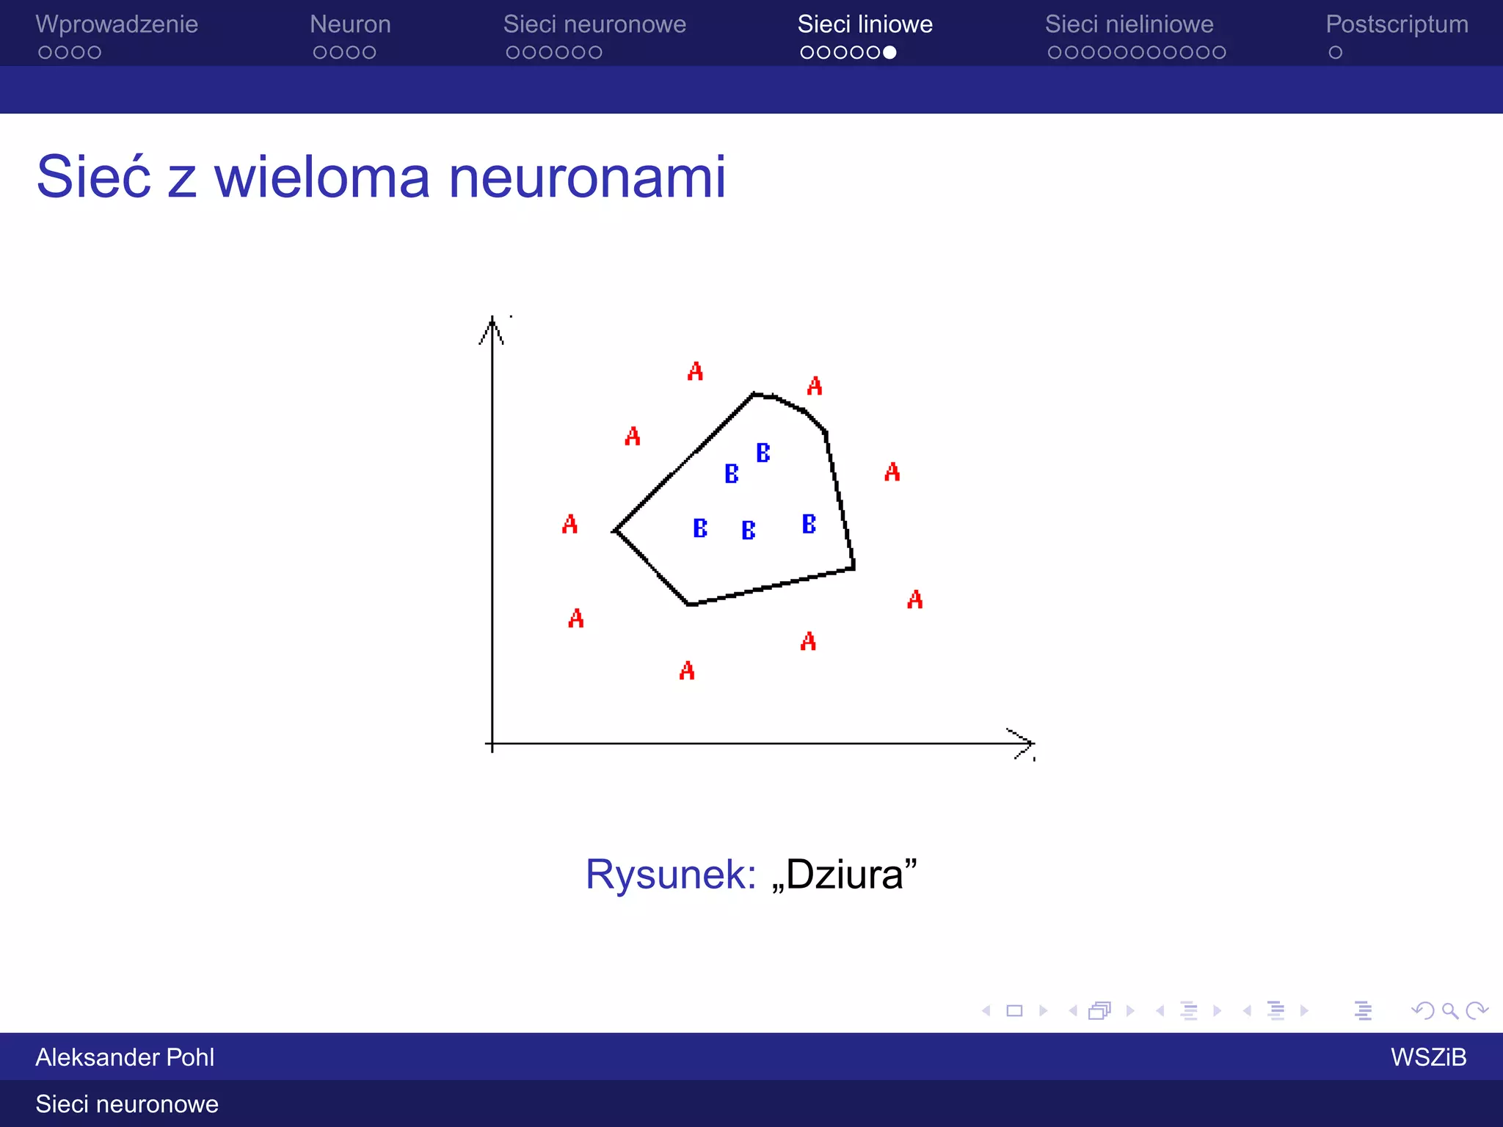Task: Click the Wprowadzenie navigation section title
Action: coord(117,24)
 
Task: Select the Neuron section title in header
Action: coord(350,24)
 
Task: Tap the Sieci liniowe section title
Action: coord(865,24)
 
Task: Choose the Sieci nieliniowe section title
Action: coord(1129,24)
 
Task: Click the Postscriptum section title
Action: coord(1397,24)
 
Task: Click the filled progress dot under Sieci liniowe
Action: coord(889,52)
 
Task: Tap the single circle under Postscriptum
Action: coord(1335,52)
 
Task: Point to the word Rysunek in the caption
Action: coord(670,874)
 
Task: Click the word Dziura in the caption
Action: coord(844,874)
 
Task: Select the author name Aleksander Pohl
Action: coord(125,1057)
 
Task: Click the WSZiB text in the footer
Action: coord(1428,1057)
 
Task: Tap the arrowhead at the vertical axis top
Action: coord(492,327)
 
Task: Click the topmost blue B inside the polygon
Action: coord(763,453)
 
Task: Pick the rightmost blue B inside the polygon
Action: coord(809,524)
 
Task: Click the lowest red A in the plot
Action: coord(687,670)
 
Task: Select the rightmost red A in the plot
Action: coord(914,599)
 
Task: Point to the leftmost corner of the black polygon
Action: coord(615,530)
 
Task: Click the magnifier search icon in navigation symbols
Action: coord(1449,1011)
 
